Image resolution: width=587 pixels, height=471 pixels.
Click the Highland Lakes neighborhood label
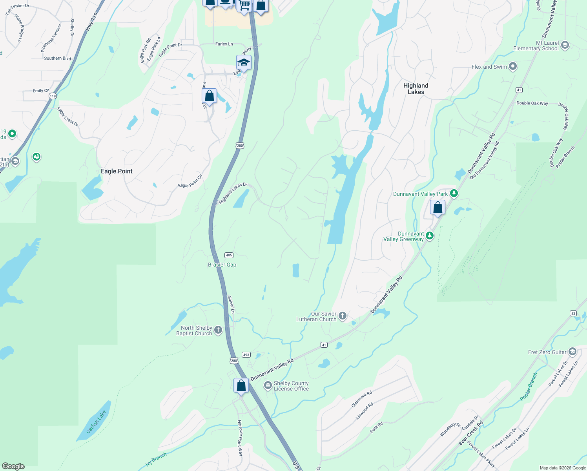coord(416,89)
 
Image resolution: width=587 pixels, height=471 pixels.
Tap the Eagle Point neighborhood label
coord(117,171)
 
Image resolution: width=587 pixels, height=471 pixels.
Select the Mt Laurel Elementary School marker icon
coord(565,45)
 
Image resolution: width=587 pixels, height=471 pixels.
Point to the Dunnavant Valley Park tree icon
coord(454,193)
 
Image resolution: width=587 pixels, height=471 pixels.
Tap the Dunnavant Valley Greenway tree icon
coord(430,235)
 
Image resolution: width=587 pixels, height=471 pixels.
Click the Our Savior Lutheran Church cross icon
coord(343,316)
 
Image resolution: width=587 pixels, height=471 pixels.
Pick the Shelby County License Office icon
coord(268,385)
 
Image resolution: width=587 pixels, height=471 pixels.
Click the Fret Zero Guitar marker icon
coord(572,351)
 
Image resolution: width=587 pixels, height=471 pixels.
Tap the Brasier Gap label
coord(222,265)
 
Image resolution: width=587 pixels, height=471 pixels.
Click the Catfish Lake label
coord(96,422)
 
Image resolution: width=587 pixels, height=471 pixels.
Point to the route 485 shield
coord(229,255)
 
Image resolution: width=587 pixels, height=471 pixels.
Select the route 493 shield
coord(246,354)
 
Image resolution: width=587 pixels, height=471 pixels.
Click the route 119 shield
coord(53,96)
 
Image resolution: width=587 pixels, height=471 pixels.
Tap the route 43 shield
coord(573,313)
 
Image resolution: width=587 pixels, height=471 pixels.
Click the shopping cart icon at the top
coord(244,5)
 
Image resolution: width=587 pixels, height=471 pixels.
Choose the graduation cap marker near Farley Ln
coord(244,63)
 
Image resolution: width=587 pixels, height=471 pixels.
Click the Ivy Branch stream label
coord(156,459)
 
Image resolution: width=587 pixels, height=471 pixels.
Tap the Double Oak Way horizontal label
coord(532,103)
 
